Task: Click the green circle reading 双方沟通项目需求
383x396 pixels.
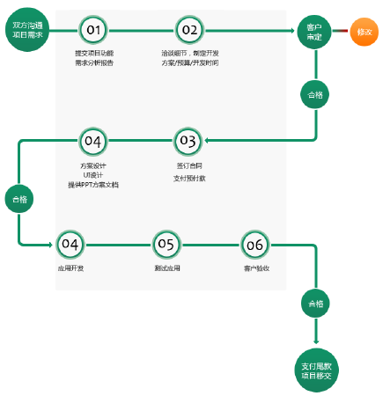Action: (26, 32)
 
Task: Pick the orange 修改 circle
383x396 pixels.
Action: (364, 33)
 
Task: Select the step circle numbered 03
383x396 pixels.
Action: (188, 140)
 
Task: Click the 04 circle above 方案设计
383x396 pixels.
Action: (92, 140)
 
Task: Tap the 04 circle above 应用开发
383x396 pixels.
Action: (70, 244)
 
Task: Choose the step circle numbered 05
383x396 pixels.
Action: (166, 244)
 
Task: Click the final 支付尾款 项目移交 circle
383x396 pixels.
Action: (316, 370)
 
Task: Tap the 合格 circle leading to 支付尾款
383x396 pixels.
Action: (316, 304)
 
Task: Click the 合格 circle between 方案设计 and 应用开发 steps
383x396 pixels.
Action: (18, 199)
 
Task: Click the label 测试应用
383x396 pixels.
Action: (166, 267)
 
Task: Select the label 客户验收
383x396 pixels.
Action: (255, 267)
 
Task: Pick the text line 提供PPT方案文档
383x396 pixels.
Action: (92, 185)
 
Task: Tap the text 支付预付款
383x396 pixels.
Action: (188, 177)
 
